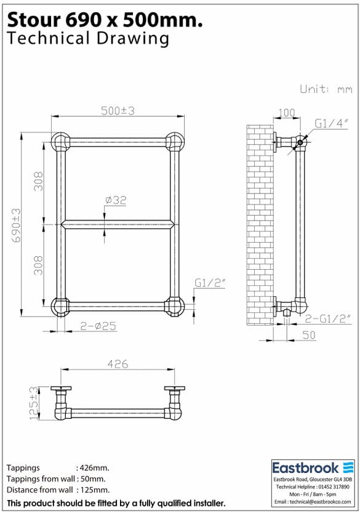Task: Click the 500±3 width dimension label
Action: (x=118, y=111)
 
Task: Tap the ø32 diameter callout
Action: (x=116, y=200)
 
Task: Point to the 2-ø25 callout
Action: (x=98, y=325)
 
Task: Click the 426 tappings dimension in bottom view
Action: (x=118, y=364)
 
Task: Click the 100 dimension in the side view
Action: (x=287, y=113)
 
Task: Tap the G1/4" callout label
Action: (x=332, y=124)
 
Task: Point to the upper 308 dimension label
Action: (x=38, y=180)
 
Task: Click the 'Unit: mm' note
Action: (x=326, y=89)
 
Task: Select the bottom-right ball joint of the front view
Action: (x=175, y=306)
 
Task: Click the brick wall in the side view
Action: (x=259, y=225)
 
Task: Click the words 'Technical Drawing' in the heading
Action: (x=87, y=39)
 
